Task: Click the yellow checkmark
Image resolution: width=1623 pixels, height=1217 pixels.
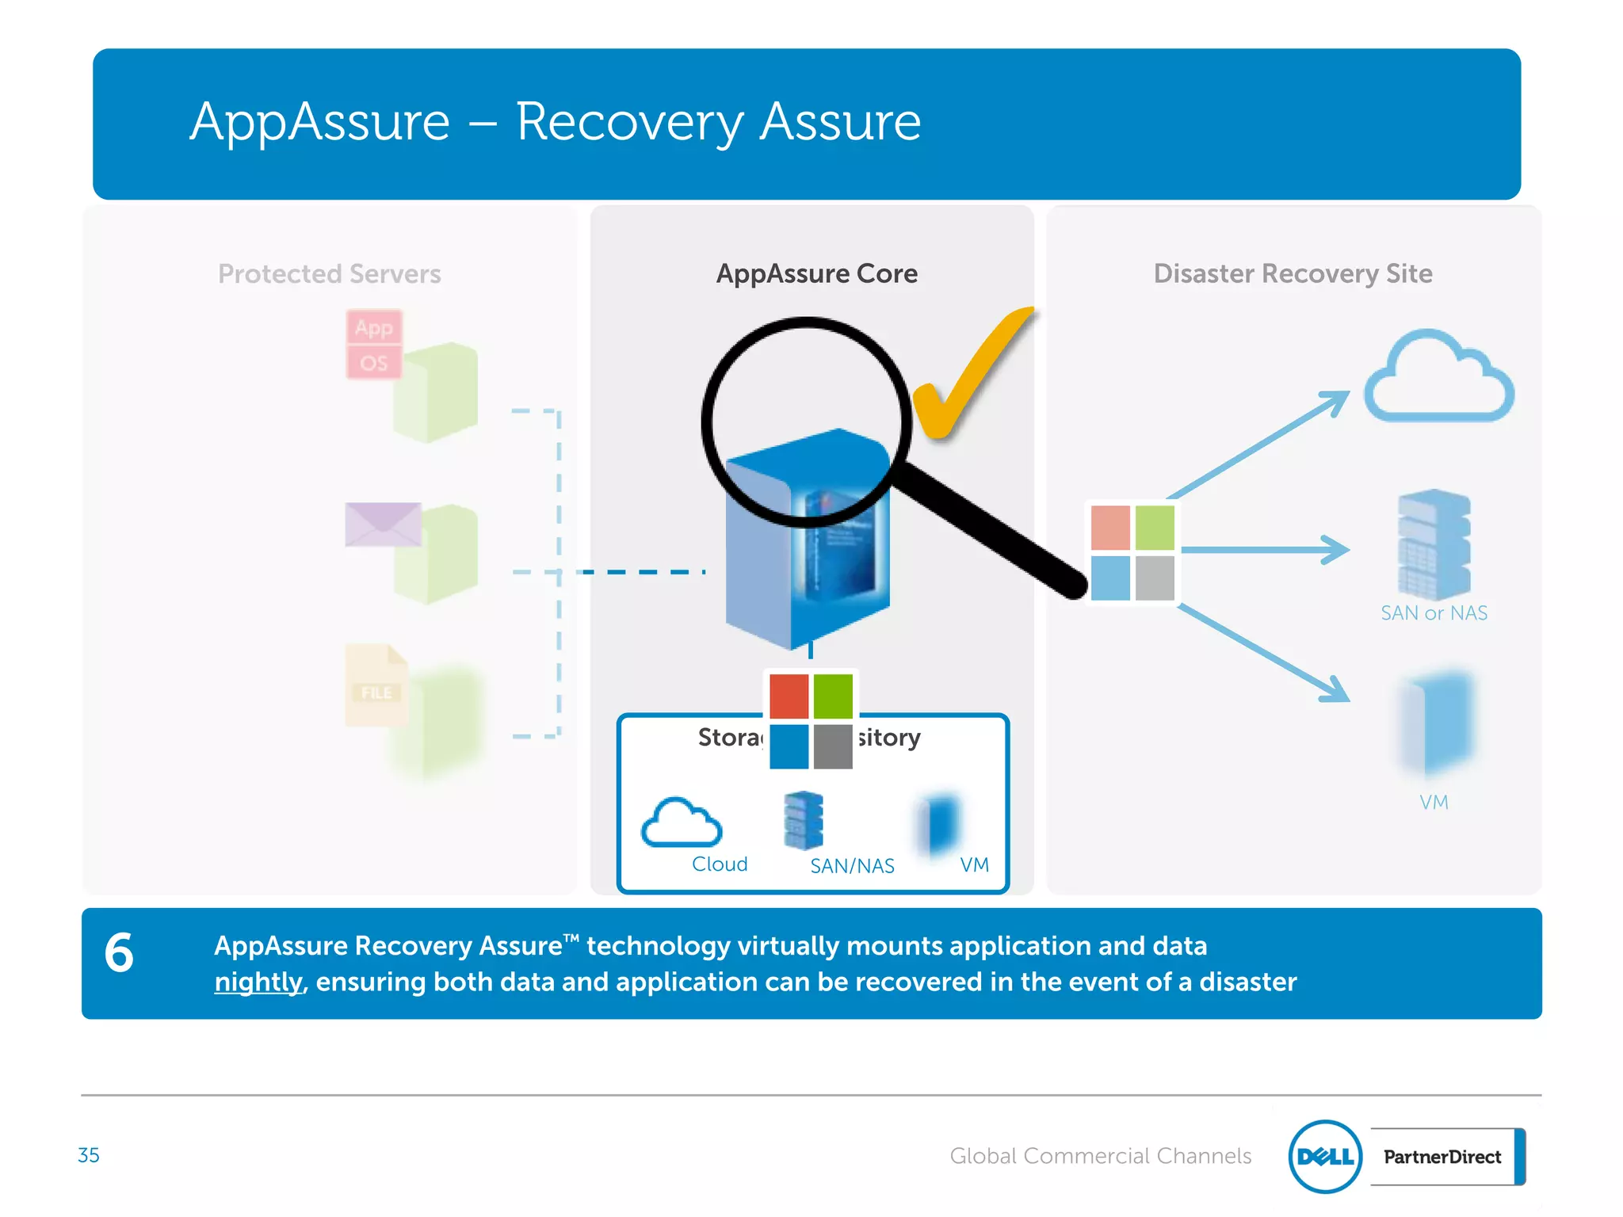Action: coord(971,376)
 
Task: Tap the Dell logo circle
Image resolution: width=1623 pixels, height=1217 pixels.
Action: coord(1325,1157)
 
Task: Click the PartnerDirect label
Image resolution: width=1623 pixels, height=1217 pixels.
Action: coord(1442,1157)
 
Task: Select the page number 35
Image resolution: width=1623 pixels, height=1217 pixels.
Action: coord(89,1155)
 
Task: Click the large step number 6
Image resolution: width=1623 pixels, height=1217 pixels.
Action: coord(119,952)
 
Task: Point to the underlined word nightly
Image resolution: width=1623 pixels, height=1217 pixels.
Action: coord(258,982)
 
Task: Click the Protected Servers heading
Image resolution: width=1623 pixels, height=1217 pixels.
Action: coord(329,273)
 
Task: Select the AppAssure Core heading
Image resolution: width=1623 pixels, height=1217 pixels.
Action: coord(816,273)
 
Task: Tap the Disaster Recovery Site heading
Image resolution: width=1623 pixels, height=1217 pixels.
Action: coord(1293,273)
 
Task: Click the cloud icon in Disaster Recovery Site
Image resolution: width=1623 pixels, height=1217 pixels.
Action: coord(1438,379)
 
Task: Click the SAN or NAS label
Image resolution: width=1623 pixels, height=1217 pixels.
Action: coord(1434,613)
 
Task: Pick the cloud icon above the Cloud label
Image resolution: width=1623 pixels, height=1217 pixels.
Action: coord(682,824)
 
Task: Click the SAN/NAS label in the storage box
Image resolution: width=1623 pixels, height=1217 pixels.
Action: coord(852,866)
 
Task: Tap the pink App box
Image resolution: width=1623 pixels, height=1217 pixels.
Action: coord(374,327)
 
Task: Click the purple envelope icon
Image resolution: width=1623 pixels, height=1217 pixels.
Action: coord(383,525)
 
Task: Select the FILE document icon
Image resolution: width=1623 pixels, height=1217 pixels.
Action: coord(376,685)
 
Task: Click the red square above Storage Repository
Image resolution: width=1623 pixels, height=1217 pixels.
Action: coord(789,695)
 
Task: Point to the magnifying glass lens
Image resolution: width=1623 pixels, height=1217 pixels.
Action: coord(806,422)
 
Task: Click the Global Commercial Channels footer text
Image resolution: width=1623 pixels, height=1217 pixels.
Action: coord(1100,1156)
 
